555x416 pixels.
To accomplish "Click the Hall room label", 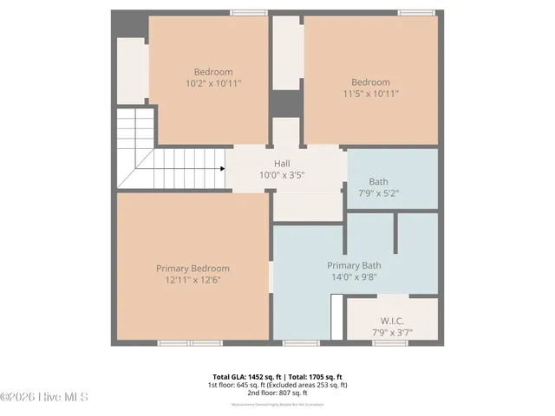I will point(282,163).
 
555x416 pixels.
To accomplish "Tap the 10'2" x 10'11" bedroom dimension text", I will point(213,83).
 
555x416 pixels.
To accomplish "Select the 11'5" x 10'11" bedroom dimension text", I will point(370,93).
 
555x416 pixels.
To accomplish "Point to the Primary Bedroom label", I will point(193,269).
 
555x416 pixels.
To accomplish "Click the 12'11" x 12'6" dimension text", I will point(193,280).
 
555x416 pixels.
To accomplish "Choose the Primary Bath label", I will point(354,265).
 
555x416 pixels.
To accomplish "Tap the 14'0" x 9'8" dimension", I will point(354,276).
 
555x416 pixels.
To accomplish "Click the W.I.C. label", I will point(392,321).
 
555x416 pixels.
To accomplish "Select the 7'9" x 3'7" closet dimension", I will point(392,332).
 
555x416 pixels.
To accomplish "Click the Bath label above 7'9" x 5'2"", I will point(378,182).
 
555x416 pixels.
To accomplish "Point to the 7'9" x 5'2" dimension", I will point(378,193).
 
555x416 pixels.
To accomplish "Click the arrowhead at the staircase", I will point(222,169).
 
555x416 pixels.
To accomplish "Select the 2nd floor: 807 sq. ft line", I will point(277,393).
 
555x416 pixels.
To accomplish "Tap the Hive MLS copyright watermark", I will point(45,397).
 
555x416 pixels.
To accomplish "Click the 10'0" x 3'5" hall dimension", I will point(282,174).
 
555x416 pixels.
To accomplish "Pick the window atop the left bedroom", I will point(249,13).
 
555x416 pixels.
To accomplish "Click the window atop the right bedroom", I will point(416,13).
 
